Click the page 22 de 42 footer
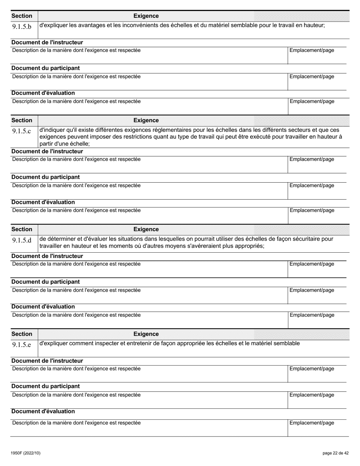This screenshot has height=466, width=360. [x=333, y=453]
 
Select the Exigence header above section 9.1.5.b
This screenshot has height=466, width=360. [x=146, y=16]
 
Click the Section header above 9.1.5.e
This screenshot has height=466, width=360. [x=22, y=334]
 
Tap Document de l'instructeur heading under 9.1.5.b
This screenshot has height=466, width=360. [x=47, y=42]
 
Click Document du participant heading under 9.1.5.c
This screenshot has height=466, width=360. [x=45, y=177]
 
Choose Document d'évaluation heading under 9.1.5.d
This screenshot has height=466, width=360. [x=43, y=306]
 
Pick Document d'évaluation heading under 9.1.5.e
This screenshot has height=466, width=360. [x=43, y=411]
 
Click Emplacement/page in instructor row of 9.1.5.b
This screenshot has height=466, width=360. [x=312, y=50]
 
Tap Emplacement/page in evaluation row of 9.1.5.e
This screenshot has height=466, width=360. [x=312, y=423]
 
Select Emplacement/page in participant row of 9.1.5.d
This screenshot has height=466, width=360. [x=312, y=290]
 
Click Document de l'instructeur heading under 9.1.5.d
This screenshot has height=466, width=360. [x=47, y=256]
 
